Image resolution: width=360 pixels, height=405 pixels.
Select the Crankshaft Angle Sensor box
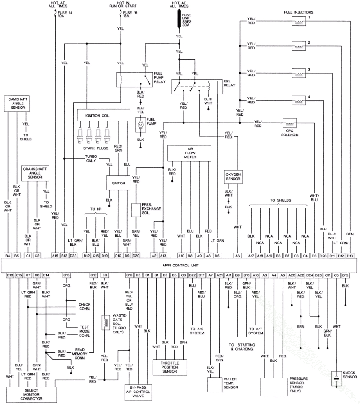pos(35,173)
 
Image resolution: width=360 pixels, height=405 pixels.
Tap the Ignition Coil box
pos(99,116)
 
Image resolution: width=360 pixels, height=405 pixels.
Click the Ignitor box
pos(115,183)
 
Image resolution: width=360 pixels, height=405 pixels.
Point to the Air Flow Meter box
pos(189,153)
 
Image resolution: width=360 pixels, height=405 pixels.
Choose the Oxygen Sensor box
pos(233,176)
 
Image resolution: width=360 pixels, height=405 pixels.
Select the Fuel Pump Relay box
pos(134,80)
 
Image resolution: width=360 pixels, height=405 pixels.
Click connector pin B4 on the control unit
pos(8,256)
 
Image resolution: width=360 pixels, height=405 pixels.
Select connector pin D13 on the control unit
pos(350,256)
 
